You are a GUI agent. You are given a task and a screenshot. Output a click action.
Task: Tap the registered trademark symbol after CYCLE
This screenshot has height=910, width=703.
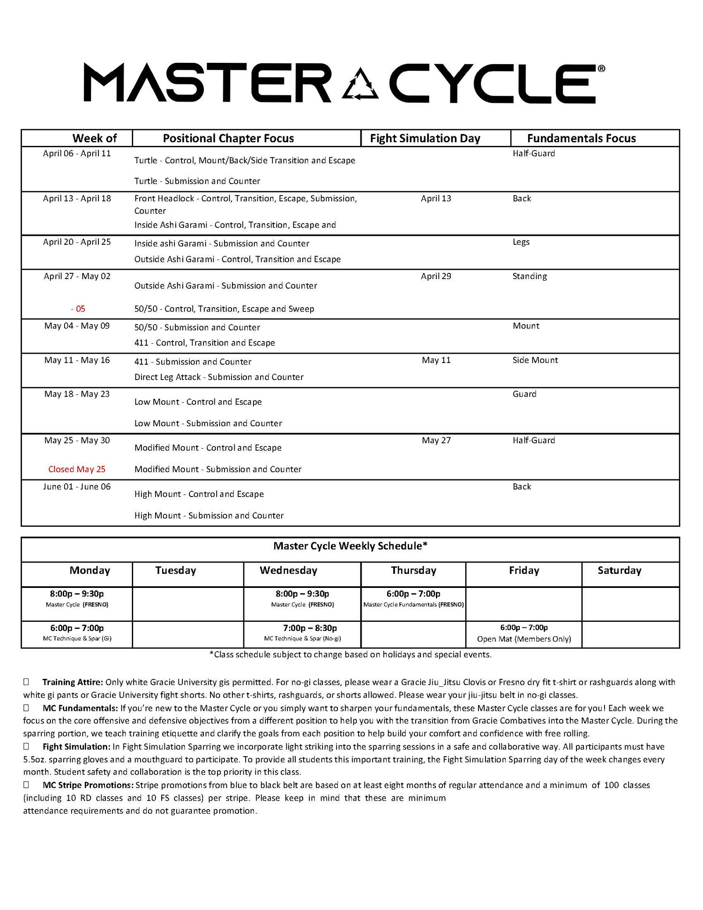[x=601, y=69]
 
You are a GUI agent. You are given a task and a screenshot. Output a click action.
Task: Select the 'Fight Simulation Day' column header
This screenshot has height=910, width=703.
[x=425, y=138]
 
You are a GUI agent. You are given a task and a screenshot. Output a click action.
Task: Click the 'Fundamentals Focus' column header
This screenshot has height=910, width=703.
[x=581, y=138]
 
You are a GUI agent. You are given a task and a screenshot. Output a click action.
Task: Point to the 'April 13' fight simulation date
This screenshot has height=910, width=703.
[x=436, y=199]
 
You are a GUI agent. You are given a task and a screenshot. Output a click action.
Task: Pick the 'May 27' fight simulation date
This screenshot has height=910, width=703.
[x=436, y=440]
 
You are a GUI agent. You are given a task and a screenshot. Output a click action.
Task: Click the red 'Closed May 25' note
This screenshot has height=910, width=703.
[x=77, y=469]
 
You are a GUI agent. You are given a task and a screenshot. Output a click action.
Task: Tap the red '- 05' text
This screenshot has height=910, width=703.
[x=78, y=309]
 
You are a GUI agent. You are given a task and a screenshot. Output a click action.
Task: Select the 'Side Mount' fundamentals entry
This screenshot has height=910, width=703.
[x=535, y=360]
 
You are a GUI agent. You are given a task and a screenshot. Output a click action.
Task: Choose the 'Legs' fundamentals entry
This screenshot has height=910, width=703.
[x=521, y=242]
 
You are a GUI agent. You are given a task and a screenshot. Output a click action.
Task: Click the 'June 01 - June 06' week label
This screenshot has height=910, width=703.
[x=77, y=486]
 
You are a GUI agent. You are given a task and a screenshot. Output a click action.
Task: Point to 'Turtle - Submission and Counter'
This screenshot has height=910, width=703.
[x=197, y=181]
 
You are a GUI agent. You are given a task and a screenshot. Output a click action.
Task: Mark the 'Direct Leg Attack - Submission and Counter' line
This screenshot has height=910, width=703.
[x=219, y=377]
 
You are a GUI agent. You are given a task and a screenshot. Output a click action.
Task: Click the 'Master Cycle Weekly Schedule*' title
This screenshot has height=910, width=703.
[x=350, y=546]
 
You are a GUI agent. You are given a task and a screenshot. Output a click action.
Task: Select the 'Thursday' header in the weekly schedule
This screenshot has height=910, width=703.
[x=413, y=570]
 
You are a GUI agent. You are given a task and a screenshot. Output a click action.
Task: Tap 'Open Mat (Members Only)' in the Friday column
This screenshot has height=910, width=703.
[x=524, y=639]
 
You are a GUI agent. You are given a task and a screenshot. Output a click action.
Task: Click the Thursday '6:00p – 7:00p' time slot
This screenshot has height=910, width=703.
[x=413, y=594]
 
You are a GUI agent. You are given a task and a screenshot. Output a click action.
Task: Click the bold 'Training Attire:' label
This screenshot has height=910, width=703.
[x=72, y=682]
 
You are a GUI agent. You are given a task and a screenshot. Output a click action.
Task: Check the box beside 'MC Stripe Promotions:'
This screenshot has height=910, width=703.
[x=26, y=785]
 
